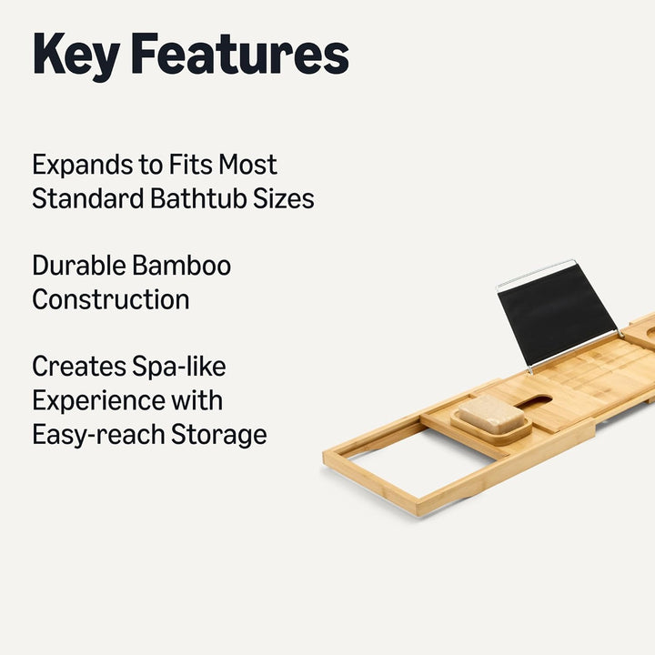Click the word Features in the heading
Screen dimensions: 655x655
click(239, 55)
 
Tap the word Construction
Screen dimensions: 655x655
click(111, 299)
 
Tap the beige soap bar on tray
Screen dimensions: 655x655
click(490, 413)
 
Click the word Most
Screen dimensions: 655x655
click(248, 165)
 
